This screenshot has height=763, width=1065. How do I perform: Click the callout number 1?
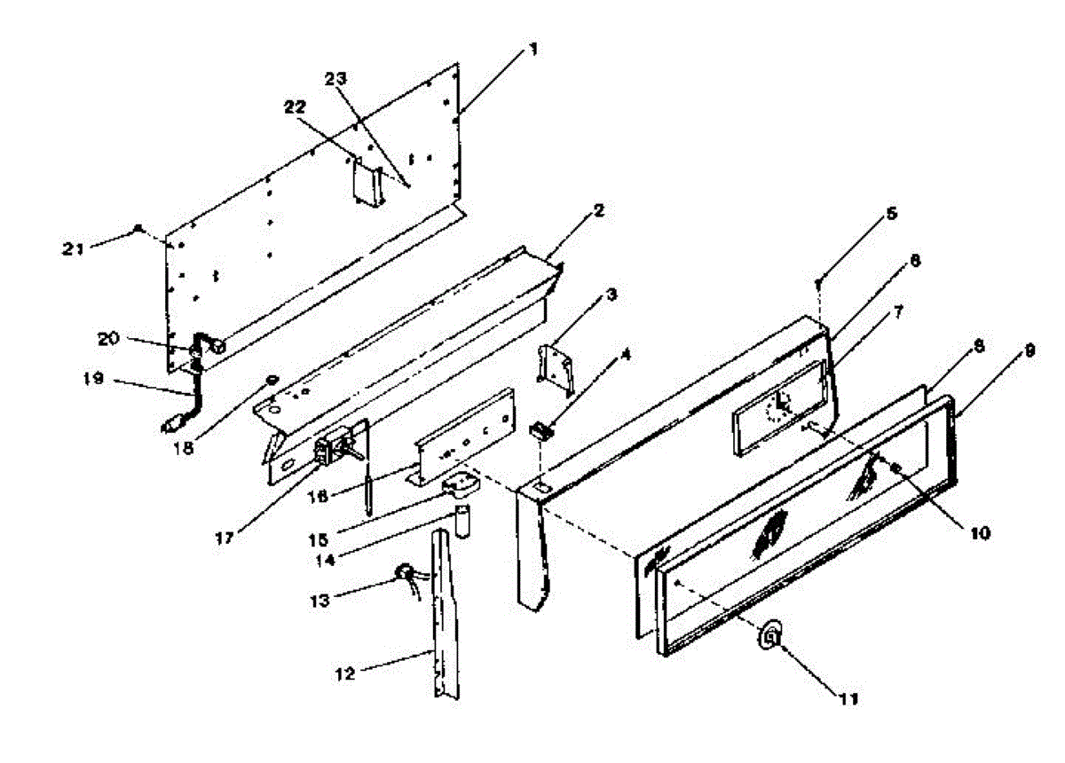coord(532,51)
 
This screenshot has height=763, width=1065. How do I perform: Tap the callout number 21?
coord(74,249)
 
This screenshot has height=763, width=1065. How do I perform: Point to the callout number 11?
coord(848,698)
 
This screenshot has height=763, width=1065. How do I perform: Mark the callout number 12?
coord(345,674)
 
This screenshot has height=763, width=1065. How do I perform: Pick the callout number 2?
coord(599,210)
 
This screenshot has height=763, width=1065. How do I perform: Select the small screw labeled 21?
coord(138,229)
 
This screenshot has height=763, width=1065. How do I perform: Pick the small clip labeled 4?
coord(539,432)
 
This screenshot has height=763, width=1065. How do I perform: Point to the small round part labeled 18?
coord(270,381)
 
